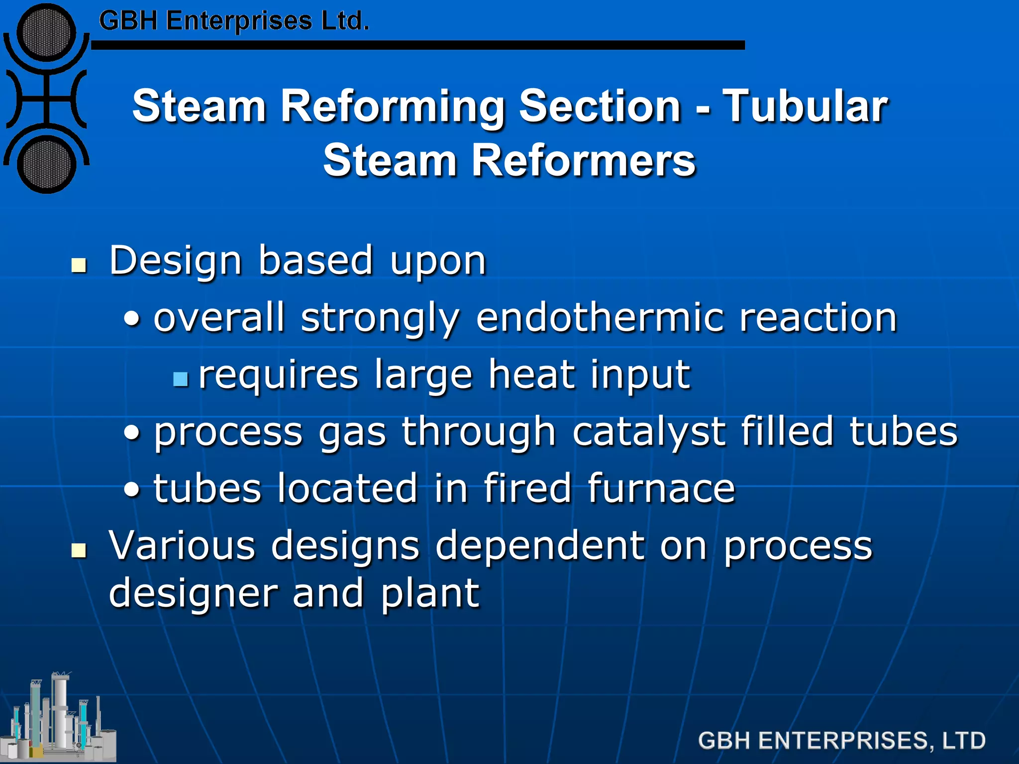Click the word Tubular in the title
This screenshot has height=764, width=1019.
(x=805, y=106)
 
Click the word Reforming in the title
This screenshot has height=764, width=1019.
(x=393, y=107)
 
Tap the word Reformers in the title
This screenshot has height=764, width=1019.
(x=583, y=160)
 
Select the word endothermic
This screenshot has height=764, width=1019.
(x=600, y=317)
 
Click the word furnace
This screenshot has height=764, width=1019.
(x=661, y=488)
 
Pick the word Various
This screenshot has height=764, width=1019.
(x=182, y=546)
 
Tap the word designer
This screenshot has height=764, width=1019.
(x=193, y=593)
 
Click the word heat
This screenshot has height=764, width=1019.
(x=531, y=374)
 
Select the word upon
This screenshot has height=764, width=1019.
(x=438, y=261)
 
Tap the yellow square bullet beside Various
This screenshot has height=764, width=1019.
(x=79, y=551)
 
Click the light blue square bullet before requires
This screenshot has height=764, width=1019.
(x=181, y=380)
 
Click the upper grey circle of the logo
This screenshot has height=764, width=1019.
(x=46, y=33)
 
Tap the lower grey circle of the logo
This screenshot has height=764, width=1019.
(x=46, y=164)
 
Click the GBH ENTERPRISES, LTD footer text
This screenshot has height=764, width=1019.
(x=841, y=741)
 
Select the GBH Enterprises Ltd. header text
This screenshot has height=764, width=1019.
(x=234, y=21)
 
